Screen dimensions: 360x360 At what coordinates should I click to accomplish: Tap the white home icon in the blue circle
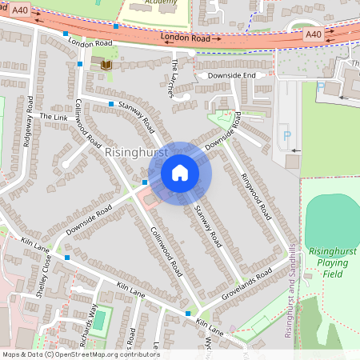coord(180,172)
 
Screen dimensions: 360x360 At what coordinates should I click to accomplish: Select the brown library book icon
coord(106,62)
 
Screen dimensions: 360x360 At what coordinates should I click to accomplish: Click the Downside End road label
coord(232,75)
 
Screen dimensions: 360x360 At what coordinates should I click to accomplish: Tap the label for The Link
coord(56,118)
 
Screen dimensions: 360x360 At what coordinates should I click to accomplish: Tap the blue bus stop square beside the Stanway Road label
coord(110,104)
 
